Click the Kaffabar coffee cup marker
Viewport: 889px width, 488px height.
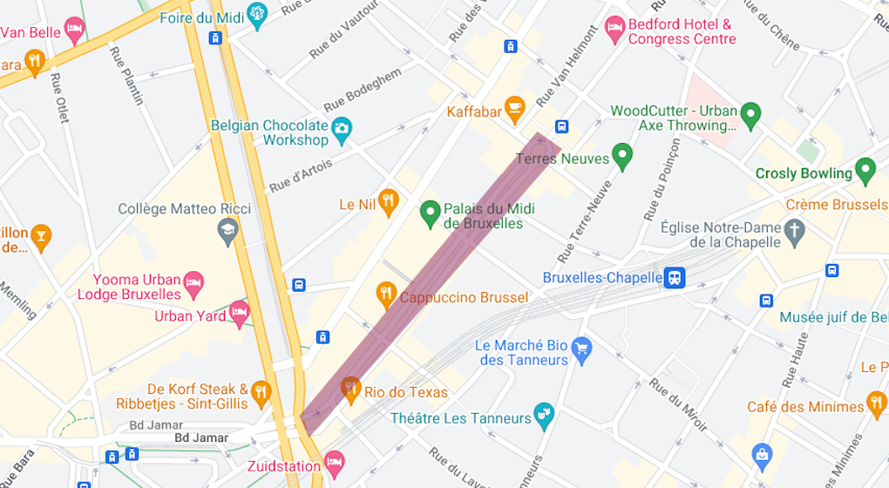(x=514, y=107)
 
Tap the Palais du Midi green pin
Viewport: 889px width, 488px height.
(x=429, y=211)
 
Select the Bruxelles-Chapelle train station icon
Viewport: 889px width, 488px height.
(x=674, y=278)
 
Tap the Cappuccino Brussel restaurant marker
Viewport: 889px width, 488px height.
(x=385, y=295)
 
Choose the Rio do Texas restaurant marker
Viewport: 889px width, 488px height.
(x=350, y=389)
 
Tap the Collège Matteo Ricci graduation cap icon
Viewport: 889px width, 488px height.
(x=228, y=231)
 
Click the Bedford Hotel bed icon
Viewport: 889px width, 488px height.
(x=615, y=28)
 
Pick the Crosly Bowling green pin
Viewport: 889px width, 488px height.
(x=865, y=169)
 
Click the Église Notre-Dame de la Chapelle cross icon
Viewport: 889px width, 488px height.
(x=794, y=231)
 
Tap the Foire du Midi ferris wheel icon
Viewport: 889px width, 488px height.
(x=257, y=14)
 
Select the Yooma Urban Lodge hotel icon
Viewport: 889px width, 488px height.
(x=193, y=282)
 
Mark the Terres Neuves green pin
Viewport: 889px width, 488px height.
(x=621, y=157)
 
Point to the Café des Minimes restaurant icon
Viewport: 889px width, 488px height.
(x=877, y=403)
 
